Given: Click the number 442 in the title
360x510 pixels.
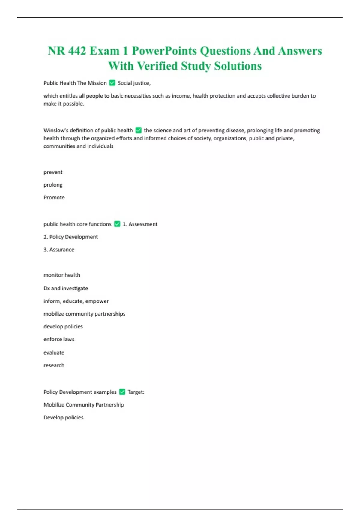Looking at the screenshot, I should (77, 51).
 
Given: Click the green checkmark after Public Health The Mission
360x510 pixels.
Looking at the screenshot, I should (112, 83).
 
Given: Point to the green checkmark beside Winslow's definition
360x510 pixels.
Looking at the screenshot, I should (138, 130).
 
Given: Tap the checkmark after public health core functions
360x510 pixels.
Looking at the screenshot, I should (117, 224).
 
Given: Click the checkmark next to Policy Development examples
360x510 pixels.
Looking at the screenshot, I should (122, 392).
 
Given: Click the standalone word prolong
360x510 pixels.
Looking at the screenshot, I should (53, 185).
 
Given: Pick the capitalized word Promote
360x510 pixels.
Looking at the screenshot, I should (54, 197).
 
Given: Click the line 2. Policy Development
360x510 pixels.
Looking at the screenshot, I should (71, 237).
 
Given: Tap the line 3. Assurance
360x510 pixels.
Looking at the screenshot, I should (59, 250).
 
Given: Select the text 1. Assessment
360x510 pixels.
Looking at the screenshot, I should (140, 224).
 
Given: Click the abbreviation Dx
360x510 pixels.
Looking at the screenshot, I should (46, 288).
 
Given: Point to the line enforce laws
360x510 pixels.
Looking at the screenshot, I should (59, 339).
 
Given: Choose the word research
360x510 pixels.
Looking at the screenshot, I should (54, 365).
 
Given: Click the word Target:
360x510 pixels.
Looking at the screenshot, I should (136, 392).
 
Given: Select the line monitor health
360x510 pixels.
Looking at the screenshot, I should (62, 275).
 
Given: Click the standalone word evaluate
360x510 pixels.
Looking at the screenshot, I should (54, 352).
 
